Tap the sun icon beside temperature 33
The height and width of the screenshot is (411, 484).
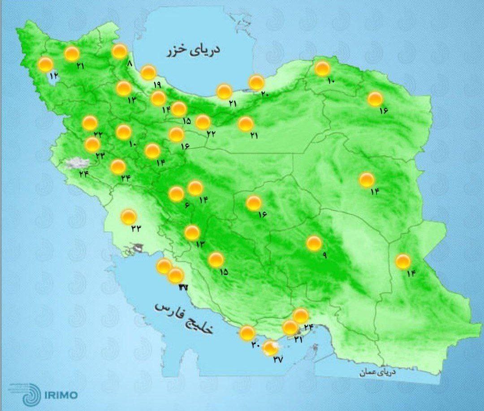click(129, 217)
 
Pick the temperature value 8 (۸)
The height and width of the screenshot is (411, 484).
click(130, 64)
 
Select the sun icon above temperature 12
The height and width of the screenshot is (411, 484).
click(45, 65)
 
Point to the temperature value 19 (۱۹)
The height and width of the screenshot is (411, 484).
click(156, 85)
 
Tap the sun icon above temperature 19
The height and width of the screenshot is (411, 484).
click(148, 72)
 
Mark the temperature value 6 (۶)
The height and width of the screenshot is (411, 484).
click(186, 205)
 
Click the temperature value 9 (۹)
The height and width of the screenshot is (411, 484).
click(324, 255)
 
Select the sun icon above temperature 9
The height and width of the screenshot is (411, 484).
click(314, 243)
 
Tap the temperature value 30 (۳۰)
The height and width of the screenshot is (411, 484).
click(256, 345)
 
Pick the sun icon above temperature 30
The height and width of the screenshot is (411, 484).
click(247, 333)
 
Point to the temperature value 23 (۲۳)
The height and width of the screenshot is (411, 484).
click(99, 156)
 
